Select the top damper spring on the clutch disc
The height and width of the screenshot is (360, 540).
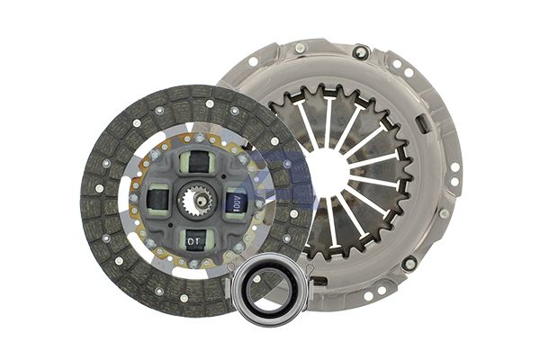196,163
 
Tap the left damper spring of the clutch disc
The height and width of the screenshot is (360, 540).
157,202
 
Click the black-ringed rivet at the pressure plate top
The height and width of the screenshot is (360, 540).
360,52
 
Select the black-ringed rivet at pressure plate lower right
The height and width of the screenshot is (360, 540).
409,264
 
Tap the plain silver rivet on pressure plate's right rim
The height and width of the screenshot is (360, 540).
443,213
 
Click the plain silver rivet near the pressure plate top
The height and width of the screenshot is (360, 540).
301,48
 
